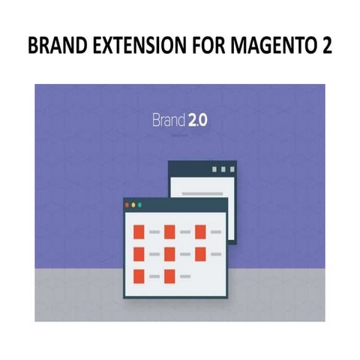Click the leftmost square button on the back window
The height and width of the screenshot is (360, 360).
point(213,169)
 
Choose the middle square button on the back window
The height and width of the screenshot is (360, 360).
point(222,169)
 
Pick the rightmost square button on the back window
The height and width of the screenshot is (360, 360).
point(231,169)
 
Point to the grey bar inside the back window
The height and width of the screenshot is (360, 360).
point(198,193)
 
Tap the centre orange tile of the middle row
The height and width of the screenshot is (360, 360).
point(169,254)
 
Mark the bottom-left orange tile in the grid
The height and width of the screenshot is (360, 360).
point(139,276)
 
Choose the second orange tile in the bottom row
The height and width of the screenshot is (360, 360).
point(169,276)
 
